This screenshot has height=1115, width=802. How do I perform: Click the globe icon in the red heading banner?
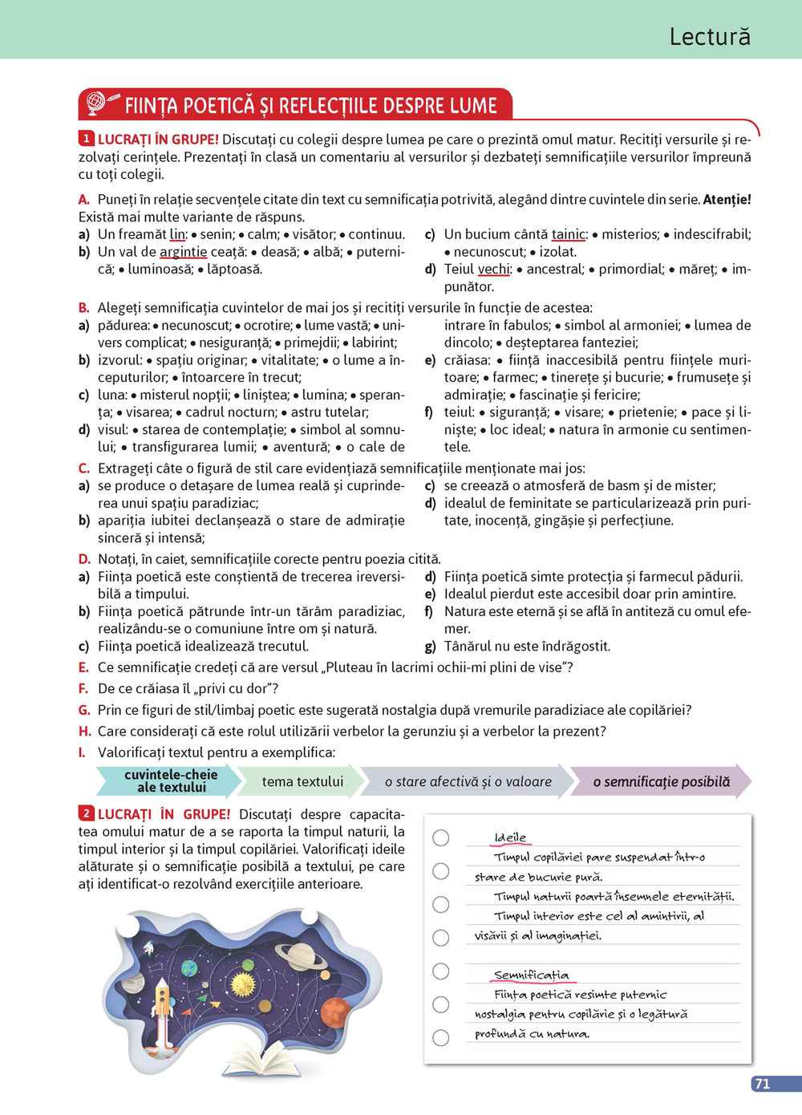pyautogui.click(x=96, y=103)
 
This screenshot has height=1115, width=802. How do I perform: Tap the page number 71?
pyautogui.click(x=763, y=1084)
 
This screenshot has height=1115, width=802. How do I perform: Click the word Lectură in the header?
pyautogui.click(x=710, y=37)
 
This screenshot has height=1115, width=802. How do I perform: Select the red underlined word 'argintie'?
pyautogui.click(x=183, y=252)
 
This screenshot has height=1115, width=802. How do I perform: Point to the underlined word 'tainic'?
pyautogui.click(x=569, y=234)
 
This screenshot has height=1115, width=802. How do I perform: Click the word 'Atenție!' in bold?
pyautogui.click(x=727, y=200)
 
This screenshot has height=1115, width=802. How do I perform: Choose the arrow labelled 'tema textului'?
pyautogui.click(x=302, y=781)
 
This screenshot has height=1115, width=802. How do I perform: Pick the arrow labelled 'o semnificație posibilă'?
pyautogui.click(x=661, y=781)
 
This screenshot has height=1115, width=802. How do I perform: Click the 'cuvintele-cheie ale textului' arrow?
pyautogui.click(x=170, y=780)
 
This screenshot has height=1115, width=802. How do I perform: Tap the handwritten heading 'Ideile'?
pyautogui.click(x=510, y=837)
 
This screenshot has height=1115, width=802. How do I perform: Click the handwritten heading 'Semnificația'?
pyautogui.click(x=531, y=975)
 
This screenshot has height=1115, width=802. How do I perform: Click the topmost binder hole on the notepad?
pyautogui.click(x=441, y=837)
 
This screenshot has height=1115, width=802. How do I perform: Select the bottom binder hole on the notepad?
pyautogui.click(x=441, y=1037)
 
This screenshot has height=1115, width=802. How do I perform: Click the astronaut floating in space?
pyautogui.click(x=148, y=949)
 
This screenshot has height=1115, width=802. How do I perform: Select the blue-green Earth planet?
pyautogui.click(x=189, y=968)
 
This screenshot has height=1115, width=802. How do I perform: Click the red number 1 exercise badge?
pyautogui.click(x=87, y=139)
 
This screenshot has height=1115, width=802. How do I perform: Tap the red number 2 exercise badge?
pyautogui.click(x=87, y=814)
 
